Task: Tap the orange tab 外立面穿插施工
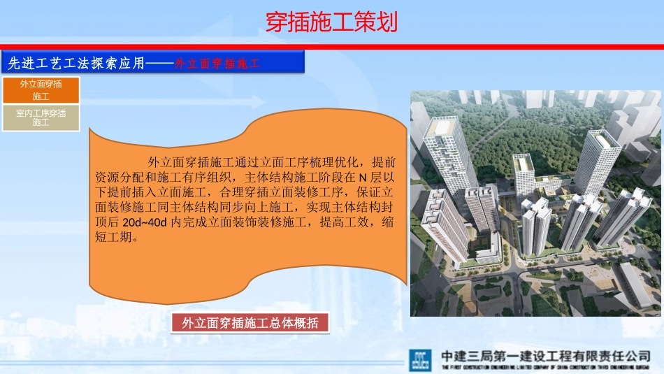coord(41,89)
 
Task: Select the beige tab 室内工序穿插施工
coord(41,117)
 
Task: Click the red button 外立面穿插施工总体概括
coord(250,323)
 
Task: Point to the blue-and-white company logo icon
coord(421,359)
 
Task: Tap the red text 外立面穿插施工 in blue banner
coord(217,63)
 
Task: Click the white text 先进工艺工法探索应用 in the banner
coord(75,63)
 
